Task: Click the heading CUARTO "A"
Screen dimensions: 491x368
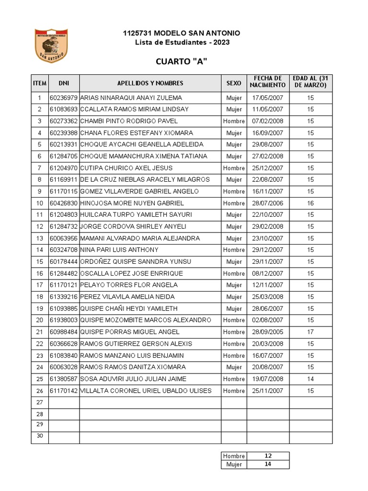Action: coord(182,62)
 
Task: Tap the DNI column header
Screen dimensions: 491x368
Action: coord(64,83)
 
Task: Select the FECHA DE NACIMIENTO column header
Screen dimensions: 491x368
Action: coord(268,82)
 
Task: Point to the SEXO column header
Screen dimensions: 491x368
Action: coord(234,83)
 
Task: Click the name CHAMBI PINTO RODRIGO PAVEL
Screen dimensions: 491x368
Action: coord(129,121)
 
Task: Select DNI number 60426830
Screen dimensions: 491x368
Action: coord(64,203)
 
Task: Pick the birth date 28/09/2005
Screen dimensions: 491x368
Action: coord(268,332)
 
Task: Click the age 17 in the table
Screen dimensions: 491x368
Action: coord(310,332)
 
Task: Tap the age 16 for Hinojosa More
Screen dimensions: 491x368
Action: coord(310,203)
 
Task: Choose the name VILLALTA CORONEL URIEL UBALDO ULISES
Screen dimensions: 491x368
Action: coord(146,391)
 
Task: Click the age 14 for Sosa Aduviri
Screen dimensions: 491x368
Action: coord(310,379)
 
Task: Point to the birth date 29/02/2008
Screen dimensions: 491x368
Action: coord(268,227)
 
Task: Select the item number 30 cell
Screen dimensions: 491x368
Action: coord(40,436)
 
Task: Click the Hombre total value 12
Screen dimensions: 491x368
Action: coord(268,456)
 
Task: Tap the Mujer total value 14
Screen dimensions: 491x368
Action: coord(268,464)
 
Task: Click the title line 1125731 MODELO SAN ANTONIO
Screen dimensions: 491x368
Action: coord(182,33)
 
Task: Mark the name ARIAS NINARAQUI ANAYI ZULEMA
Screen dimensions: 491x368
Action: coord(131,98)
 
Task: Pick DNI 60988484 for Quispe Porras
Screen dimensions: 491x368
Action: coord(64,332)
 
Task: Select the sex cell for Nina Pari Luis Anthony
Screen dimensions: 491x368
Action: coord(234,250)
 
